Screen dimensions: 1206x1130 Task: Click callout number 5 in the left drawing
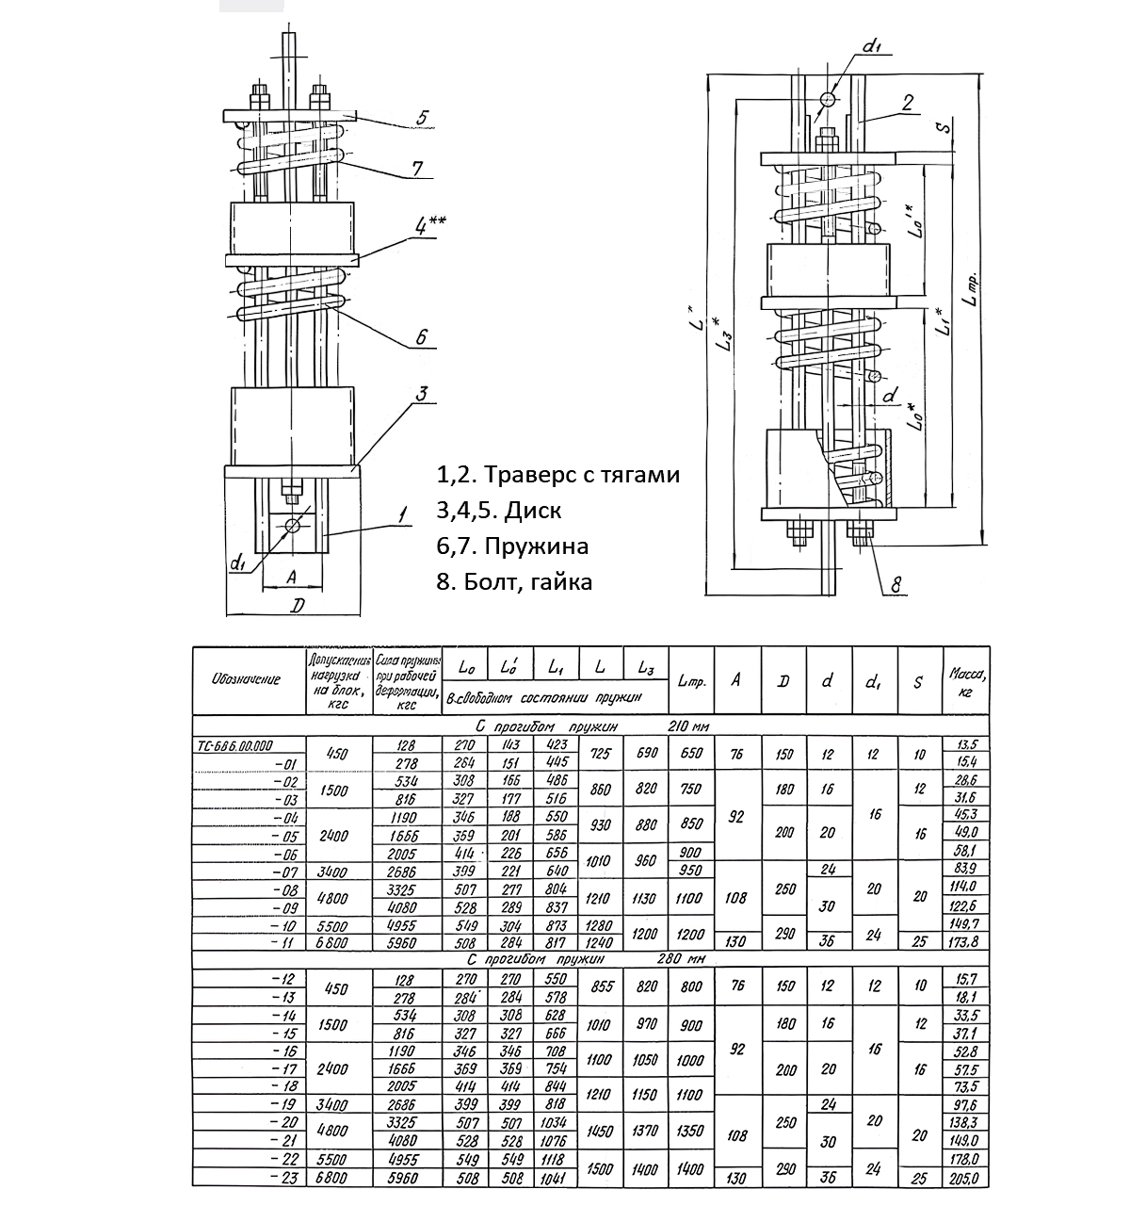[x=422, y=118]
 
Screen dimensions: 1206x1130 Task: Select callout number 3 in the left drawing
[x=423, y=394]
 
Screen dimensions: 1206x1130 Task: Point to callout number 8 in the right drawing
[x=896, y=586]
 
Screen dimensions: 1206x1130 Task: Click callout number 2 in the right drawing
[x=907, y=105]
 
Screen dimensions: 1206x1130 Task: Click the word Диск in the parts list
[x=534, y=511]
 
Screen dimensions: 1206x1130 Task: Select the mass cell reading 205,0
[x=964, y=1178]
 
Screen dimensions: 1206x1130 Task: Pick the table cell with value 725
[x=600, y=754]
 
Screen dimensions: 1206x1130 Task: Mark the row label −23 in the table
[x=283, y=1178]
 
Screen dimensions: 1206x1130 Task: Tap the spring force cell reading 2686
[x=408, y=873]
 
